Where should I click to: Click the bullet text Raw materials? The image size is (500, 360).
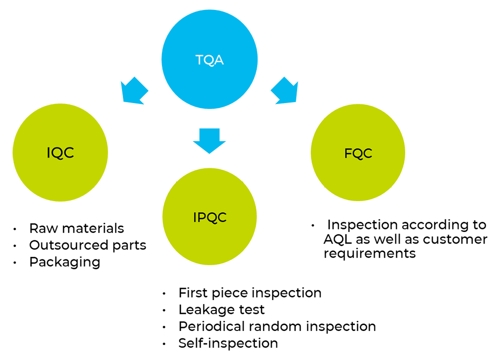tap(76, 228)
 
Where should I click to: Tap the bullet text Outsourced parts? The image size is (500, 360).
tap(87, 245)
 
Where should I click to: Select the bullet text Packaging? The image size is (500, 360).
tap(65, 261)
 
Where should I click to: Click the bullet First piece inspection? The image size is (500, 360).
tap(249, 292)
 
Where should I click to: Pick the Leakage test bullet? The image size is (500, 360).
tap(221, 309)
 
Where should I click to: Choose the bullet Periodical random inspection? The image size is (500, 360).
tap(277, 326)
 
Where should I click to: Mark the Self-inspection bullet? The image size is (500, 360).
tap(228, 343)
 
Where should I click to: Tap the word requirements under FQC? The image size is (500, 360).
tap(369, 253)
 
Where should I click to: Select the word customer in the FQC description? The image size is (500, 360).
tap(455, 239)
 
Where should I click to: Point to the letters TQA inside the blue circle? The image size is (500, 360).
tap(209, 60)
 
